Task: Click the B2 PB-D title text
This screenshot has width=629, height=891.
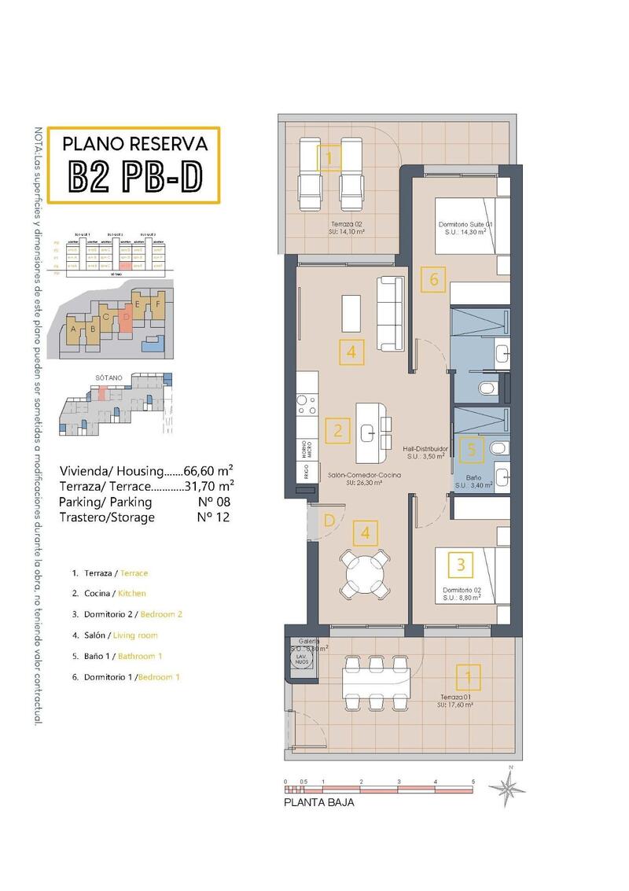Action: pyautogui.click(x=134, y=177)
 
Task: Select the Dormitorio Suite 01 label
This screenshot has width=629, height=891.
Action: pyautogui.click(x=465, y=228)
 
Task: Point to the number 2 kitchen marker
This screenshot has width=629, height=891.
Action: pyautogui.click(x=338, y=430)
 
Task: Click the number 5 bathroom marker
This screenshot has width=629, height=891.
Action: pyautogui.click(x=471, y=449)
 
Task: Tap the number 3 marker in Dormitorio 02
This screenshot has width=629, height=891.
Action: pyautogui.click(x=460, y=564)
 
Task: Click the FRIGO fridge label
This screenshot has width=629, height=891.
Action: pyautogui.click(x=302, y=474)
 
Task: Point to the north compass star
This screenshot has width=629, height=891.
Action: pyautogui.click(x=506, y=787)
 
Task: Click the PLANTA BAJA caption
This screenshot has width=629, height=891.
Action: pyautogui.click(x=318, y=803)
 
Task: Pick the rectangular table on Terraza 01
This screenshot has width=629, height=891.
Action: pyautogui.click(x=373, y=682)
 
